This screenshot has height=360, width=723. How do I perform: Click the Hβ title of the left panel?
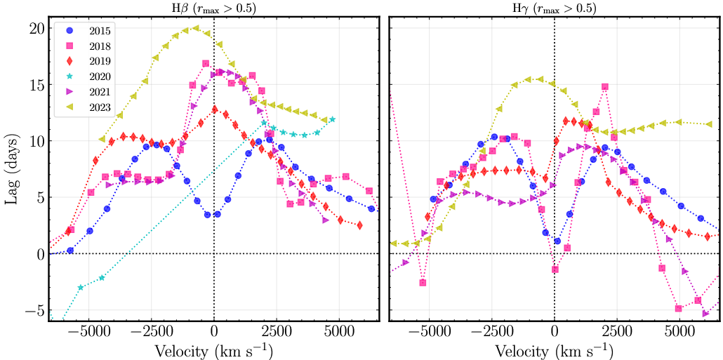pyautogui.click(x=213, y=8)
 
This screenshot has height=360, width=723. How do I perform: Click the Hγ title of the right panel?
pyautogui.click(x=555, y=8)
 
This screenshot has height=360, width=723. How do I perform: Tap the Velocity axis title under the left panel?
pyautogui.click(x=213, y=349)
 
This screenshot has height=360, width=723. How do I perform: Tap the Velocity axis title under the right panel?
pyautogui.click(x=555, y=349)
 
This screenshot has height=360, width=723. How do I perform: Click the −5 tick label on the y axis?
pyautogui.click(x=33, y=309)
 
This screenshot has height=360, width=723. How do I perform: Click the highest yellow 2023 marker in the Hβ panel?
pyautogui.click(x=196, y=29)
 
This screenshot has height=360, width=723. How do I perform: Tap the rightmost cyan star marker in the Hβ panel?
pyautogui.click(x=332, y=119)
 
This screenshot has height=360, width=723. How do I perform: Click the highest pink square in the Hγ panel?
pyautogui.click(x=604, y=87)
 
